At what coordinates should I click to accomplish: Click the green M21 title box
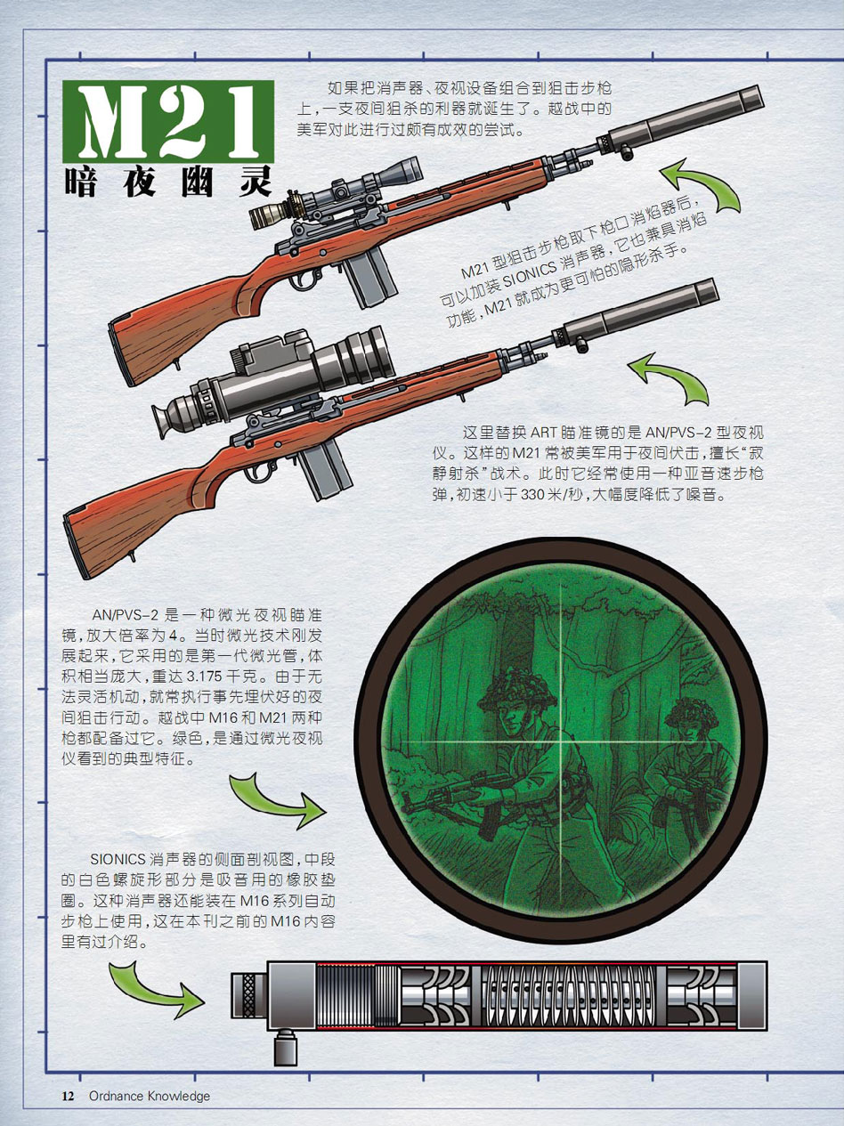168,122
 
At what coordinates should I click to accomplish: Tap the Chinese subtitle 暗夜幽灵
168,182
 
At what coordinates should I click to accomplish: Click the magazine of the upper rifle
370,277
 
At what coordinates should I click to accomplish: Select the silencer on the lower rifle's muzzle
637,314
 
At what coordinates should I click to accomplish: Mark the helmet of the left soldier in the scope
516,690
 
